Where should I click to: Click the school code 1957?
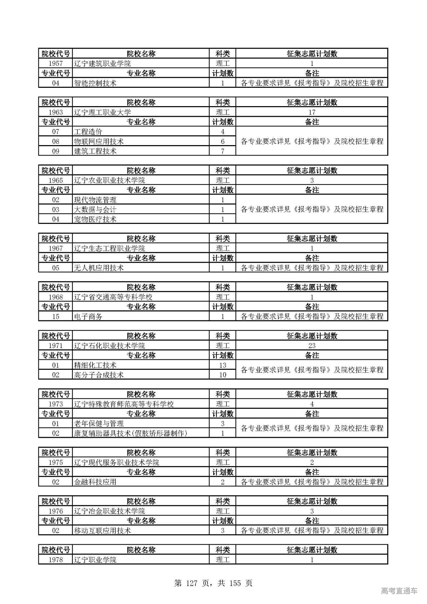[x=55, y=63]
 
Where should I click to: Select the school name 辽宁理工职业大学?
[x=102, y=112]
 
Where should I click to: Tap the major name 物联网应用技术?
[x=99, y=141]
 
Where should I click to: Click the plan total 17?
[x=312, y=112]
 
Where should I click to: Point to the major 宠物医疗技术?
[x=95, y=219]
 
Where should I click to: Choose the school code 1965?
[x=55, y=181]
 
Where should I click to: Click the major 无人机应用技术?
[x=99, y=268]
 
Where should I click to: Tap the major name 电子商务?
[x=88, y=317]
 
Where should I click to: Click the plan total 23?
[x=312, y=346]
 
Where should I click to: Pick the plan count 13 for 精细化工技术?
[x=223, y=365]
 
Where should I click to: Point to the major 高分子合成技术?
[x=99, y=375]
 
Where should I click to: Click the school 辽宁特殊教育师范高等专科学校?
[x=124, y=404]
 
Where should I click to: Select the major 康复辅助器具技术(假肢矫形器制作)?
[x=130, y=433]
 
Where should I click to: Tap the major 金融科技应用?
[x=95, y=482]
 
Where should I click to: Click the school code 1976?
[x=55, y=511]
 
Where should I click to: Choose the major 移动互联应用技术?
[x=102, y=531]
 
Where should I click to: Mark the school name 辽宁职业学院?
[x=95, y=560]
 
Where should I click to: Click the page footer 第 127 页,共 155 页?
[x=213, y=583]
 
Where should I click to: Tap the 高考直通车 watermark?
[x=399, y=591]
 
